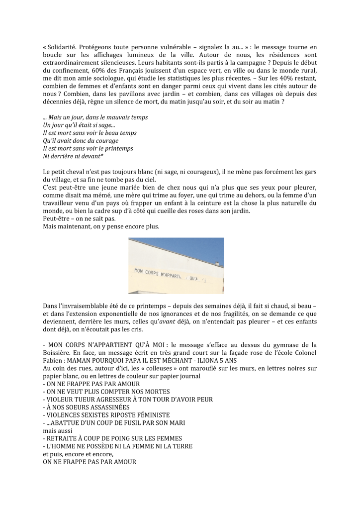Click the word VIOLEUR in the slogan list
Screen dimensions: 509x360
click(58, 399)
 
